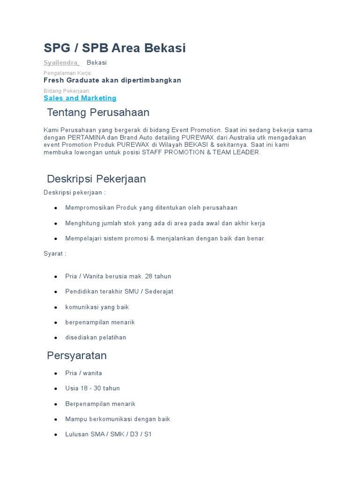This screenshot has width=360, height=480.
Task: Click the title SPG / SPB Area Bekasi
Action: point(115,48)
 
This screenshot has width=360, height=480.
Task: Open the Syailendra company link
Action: point(61,63)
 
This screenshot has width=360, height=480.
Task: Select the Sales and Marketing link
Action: point(80,98)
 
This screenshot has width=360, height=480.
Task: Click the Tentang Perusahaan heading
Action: point(98,112)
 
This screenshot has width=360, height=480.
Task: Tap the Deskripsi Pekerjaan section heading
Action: point(97,179)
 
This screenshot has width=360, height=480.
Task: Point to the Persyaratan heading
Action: point(77,355)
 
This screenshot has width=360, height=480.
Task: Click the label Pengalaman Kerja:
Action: point(67,73)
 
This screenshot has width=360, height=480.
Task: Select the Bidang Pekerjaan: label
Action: point(67,90)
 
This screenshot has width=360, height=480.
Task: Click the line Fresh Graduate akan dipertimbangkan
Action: point(112,80)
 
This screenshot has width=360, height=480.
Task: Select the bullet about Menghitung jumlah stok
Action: point(165,223)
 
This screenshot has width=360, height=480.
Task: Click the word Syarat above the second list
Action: point(53,254)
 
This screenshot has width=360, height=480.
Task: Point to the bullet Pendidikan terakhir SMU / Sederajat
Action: point(119,292)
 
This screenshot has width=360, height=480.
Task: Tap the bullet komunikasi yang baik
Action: point(97,307)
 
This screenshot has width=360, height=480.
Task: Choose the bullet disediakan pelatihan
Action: point(96,337)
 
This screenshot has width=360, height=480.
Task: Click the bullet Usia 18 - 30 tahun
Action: point(92,388)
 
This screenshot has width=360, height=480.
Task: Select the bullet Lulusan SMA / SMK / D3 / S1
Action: point(108,434)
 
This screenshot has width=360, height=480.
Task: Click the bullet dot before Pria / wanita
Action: point(56,373)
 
